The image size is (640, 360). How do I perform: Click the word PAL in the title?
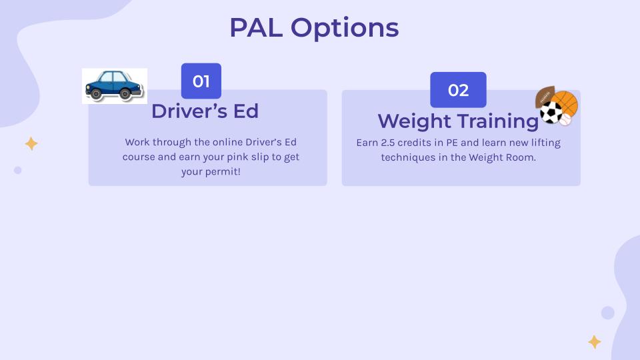point(256,28)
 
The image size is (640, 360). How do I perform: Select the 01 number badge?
point(201,81)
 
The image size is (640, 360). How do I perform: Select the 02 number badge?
point(459,90)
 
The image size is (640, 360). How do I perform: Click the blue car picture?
point(114,86)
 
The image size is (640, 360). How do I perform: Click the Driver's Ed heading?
point(205,111)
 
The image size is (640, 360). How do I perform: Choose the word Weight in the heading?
point(414,121)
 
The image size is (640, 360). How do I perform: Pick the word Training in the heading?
point(498,121)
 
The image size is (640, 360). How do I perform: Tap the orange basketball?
point(565,104)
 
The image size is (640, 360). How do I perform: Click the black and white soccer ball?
point(551,112)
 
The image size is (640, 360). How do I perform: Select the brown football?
point(545,97)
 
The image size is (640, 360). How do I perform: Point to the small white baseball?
point(565,119)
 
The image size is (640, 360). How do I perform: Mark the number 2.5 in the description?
point(388,143)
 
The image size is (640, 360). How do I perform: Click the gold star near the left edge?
point(31,144)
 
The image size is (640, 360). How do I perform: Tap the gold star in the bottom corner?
point(594,342)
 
